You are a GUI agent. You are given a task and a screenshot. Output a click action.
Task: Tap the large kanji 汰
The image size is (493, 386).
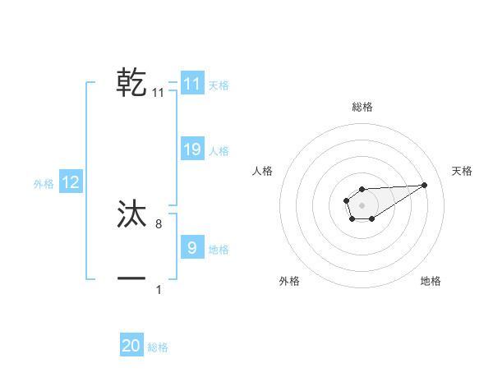point(132,214)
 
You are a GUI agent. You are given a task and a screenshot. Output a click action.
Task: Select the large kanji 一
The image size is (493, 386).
point(132,279)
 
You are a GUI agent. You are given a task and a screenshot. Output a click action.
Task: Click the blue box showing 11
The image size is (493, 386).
point(192,84)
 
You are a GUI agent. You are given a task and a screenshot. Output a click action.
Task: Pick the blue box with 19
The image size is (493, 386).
point(192,149)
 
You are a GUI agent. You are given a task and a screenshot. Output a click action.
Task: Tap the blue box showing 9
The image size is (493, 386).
point(192,247)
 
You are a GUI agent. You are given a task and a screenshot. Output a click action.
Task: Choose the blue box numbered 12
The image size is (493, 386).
point(71,182)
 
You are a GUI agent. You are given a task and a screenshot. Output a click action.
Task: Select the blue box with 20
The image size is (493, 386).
point(131,346)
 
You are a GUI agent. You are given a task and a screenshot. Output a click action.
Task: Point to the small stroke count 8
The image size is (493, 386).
point(159,223)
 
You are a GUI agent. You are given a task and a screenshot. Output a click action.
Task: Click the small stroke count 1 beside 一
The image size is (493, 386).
point(159,289)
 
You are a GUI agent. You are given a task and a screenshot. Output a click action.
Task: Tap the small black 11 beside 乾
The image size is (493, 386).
point(159,93)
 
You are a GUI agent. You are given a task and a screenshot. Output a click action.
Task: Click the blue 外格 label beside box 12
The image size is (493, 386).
point(44,184)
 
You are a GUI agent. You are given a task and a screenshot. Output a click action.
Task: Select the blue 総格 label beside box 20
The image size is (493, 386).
point(158,347)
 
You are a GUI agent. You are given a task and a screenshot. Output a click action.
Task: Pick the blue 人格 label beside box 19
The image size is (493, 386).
point(219,151)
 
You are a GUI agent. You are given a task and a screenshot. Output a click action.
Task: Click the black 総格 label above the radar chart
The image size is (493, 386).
point(362,107)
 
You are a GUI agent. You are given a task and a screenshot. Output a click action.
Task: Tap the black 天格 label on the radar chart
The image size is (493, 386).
point(463,171)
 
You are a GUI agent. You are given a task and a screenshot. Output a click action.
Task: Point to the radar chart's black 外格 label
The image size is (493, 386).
point(289,281)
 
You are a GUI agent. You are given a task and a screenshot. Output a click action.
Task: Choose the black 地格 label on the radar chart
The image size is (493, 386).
point(431,281)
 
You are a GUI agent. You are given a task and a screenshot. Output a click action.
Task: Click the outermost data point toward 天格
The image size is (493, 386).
point(425,185)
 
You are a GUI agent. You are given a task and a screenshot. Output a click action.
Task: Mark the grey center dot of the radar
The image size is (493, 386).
point(362,204)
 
